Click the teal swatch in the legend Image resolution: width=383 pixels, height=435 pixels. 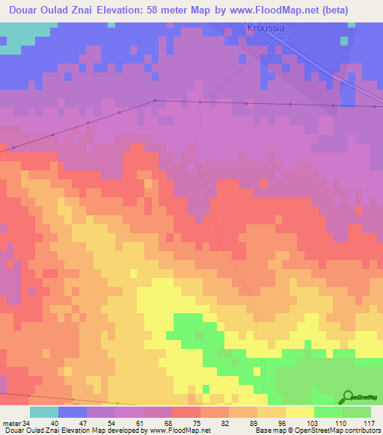tap(44, 412)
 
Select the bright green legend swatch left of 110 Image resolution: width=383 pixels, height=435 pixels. tap(328, 412)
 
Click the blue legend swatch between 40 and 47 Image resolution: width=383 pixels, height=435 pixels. tap(73, 412)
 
